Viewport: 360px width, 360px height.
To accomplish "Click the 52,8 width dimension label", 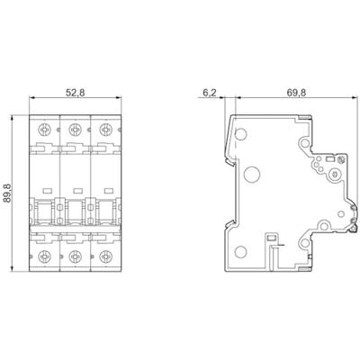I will pos(75,91).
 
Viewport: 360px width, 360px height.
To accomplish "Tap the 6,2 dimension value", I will pos(210,91).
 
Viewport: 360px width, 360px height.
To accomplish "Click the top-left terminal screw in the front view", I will pos(43,128).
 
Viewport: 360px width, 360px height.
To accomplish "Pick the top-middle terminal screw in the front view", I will pos(74,128).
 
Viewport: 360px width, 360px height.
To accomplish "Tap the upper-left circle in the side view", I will pos(239,134).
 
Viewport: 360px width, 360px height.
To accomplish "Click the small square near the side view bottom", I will pos(272,239).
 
